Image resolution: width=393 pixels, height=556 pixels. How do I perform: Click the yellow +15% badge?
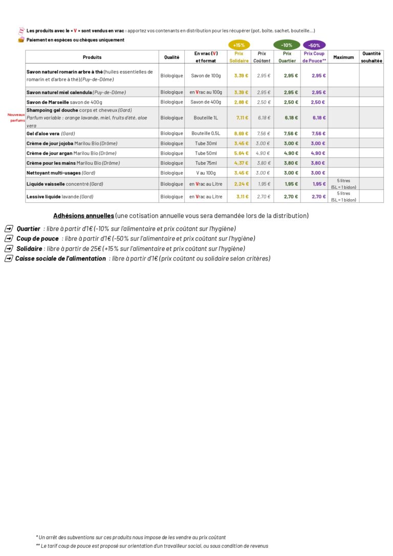pyautogui.click(x=238, y=45)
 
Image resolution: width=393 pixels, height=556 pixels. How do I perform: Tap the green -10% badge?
pyautogui.click(x=287, y=45)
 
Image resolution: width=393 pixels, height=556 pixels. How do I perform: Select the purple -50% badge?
pyautogui.click(x=314, y=45)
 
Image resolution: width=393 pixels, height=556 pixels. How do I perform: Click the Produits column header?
pyautogui.click(x=92, y=57)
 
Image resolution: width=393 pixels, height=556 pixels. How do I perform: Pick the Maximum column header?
pyautogui.click(x=343, y=57)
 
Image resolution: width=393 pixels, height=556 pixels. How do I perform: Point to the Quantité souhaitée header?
pyautogui.click(x=372, y=57)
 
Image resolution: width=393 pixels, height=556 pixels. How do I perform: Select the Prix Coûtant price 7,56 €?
pyautogui.click(x=264, y=134)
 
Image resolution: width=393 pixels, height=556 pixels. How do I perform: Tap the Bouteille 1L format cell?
pyautogui.click(x=206, y=118)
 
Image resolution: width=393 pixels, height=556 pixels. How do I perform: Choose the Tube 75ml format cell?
pyautogui.click(x=206, y=163)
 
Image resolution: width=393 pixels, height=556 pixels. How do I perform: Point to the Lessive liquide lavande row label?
pyautogui.click(x=60, y=197)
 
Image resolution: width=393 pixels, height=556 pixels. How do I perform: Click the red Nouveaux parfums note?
pyautogui.click(x=16, y=117)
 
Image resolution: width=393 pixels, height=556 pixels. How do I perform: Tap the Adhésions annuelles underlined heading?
pyautogui.click(x=83, y=216)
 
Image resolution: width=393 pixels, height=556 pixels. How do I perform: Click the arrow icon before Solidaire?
pyautogui.click(x=9, y=249)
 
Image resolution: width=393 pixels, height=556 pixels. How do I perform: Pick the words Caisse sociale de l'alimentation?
pyautogui.click(x=60, y=259)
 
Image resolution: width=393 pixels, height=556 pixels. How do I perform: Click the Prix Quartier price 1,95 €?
pyautogui.click(x=291, y=184)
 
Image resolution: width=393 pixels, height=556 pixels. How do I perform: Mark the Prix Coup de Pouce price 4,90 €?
pyautogui.click(x=318, y=153)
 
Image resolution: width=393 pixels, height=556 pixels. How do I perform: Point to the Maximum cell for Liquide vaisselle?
pyautogui.click(x=343, y=184)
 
